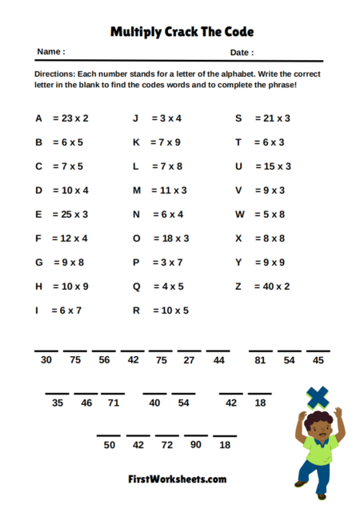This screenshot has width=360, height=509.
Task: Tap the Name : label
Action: click(50, 52)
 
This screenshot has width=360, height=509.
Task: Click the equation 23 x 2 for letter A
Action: click(71, 118)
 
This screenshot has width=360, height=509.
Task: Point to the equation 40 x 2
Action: click(273, 286)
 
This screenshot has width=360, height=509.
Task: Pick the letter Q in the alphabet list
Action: click(136, 286)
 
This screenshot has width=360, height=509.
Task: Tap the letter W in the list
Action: click(239, 214)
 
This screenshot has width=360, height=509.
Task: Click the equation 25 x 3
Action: click(71, 214)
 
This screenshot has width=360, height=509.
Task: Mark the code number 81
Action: click(259, 360)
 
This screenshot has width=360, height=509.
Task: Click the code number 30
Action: click(46, 360)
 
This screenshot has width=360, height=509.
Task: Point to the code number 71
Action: click(114, 403)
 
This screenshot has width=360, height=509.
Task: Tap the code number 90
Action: click(195, 444)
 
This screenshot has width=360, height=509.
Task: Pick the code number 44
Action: click(218, 360)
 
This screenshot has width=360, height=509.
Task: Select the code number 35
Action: click(58, 403)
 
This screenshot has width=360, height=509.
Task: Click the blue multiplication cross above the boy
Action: click(318, 395)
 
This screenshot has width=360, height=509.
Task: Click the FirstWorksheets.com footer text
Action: click(177, 479)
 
